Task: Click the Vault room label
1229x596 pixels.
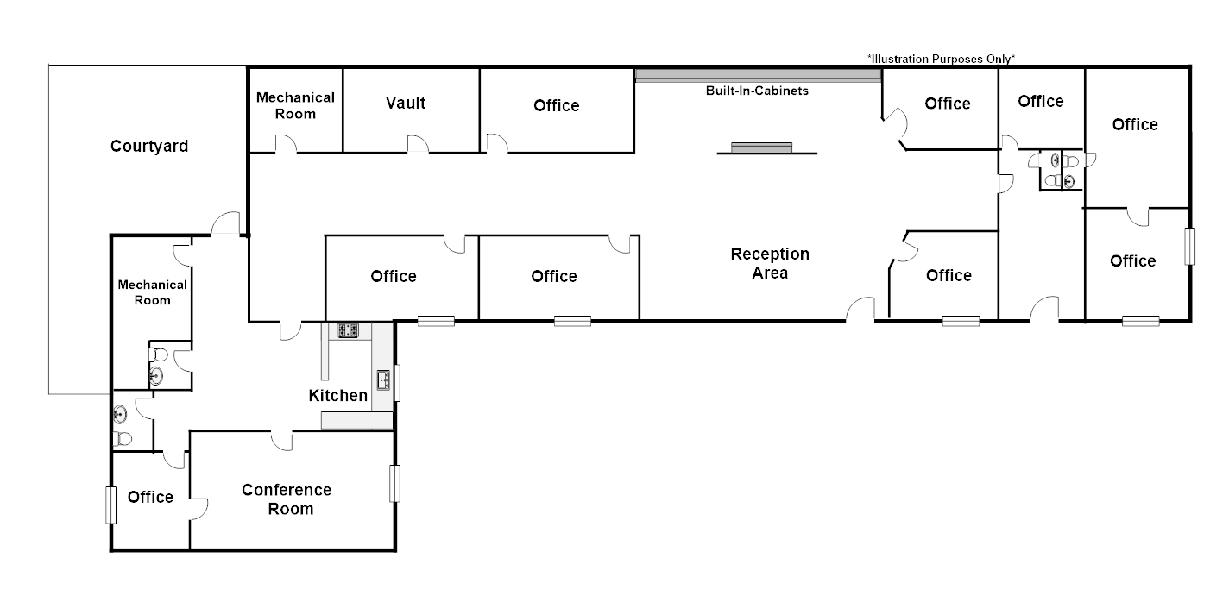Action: (x=406, y=104)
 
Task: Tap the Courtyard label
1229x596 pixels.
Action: (x=149, y=146)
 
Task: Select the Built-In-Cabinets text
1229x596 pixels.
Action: (x=757, y=90)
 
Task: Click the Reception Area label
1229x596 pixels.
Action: (x=770, y=263)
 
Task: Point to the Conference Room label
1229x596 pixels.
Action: (x=287, y=499)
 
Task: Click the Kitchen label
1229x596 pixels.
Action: (x=338, y=396)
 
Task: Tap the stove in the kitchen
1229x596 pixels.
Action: (x=349, y=329)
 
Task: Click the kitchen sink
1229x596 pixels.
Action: (x=383, y=379)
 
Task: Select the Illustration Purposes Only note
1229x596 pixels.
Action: (x=942, y=59)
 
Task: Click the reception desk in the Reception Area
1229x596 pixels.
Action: (x=760, y=148)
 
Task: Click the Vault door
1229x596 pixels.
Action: (x=418, y=144)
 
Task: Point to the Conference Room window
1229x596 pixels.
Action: (x=394, y=483)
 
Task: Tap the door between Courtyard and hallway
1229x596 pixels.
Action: (x=226, y=223)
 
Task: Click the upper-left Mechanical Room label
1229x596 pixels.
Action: (x=295, y=105)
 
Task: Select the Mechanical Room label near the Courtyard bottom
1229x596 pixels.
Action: (x=152, y=292)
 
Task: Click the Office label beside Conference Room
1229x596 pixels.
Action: (x=150, y=497)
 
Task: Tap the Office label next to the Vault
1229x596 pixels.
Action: (x=556, y=105)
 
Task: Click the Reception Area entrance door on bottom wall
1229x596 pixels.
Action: (x=860, y=311)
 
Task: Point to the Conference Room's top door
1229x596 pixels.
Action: (x=281, y=440)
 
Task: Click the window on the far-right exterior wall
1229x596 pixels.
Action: (x=1190, y=246)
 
